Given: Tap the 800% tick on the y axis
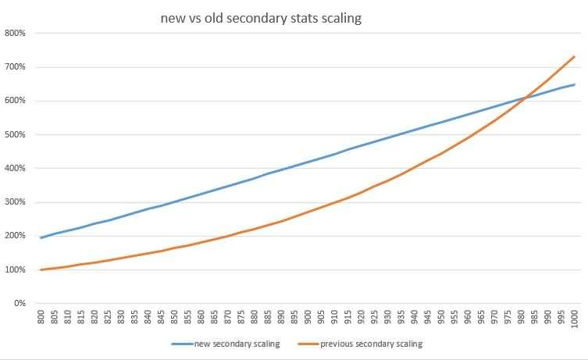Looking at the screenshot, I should [x=16, y=33].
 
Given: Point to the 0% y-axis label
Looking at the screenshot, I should [x=19, y=303].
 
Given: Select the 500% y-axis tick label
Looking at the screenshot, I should [x=16, y=134].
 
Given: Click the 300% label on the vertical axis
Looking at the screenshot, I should [x=16, y=202].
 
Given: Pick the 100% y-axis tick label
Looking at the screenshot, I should [x=16, y=269].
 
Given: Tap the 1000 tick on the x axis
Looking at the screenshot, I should [x=575, y=320].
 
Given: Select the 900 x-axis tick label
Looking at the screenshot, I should [x=308, y=319].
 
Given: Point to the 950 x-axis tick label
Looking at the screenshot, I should [x=441, y=319].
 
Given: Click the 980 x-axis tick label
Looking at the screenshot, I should [x=522, y=319].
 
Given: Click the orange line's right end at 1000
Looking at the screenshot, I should [x=575, y=56].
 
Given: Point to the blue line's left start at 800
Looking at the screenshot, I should [x=41, y=237].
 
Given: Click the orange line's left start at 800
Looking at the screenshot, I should [x=41, y=269].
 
